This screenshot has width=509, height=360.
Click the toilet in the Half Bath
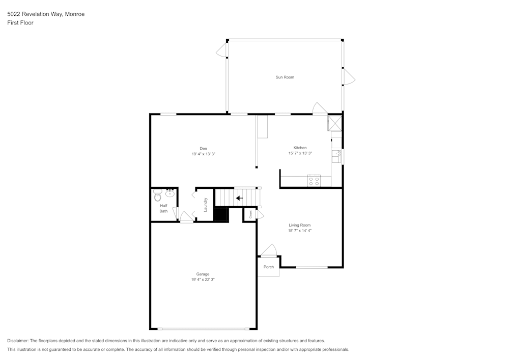158,196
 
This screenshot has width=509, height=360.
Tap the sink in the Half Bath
169,193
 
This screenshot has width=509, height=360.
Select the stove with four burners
314,180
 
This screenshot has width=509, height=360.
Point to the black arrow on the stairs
239,198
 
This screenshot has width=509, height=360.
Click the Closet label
250,214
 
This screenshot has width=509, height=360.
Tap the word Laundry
206,205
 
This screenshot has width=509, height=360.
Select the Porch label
268,267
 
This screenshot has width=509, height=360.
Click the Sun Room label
285,77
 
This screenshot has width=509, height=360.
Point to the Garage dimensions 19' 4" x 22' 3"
203,280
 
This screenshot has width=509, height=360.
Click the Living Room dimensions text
299,231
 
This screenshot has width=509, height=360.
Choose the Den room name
203,148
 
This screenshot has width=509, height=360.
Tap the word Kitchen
300,148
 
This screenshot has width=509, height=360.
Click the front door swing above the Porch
269,250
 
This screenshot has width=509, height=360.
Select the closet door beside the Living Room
260,215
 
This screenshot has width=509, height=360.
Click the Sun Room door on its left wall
221,50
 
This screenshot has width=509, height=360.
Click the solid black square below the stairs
221,214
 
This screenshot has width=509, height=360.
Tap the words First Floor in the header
20,23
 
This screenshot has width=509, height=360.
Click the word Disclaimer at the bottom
18,341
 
